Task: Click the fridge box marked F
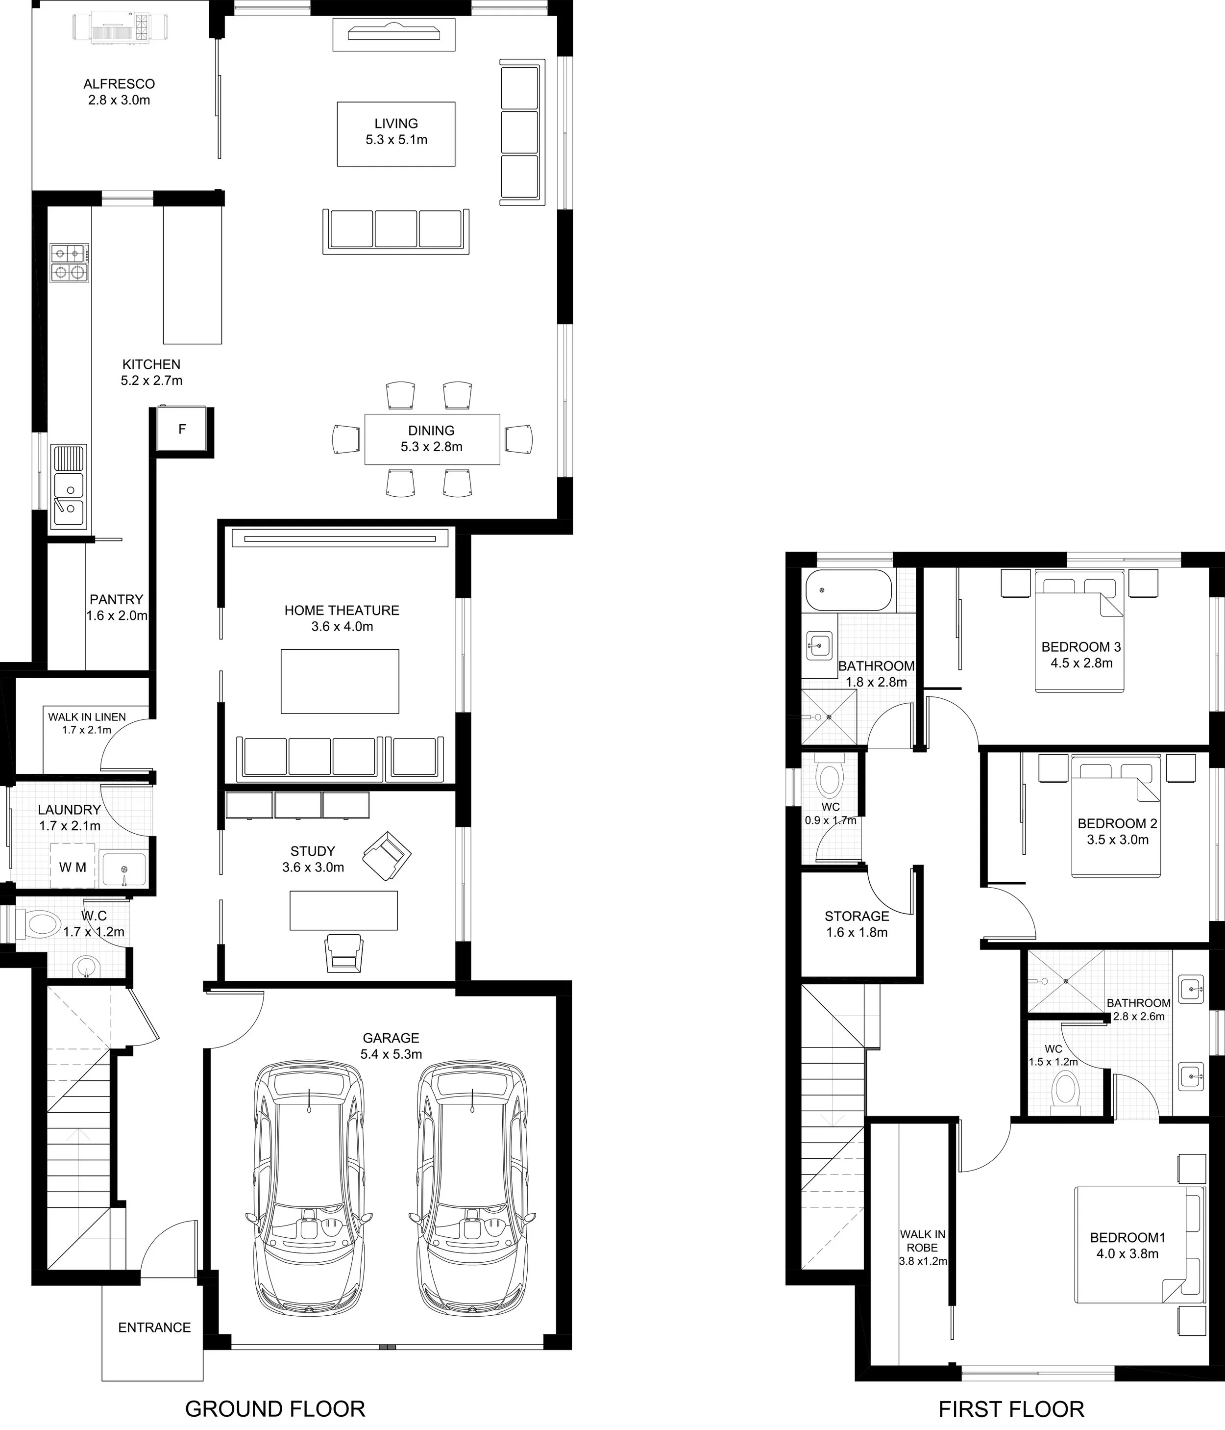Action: pos(182,429)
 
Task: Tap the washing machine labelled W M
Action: pos(73,867)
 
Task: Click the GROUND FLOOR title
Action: pos(275,1408)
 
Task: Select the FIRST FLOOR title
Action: pos(1011,1408)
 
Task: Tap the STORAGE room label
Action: pos(857,917)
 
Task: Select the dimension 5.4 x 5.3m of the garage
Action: pos(391,1054)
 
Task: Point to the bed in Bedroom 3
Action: pos(1079,629)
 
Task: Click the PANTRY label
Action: pos(117,600)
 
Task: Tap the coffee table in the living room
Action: pos(396,134)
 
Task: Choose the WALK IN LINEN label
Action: pos(87,717)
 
